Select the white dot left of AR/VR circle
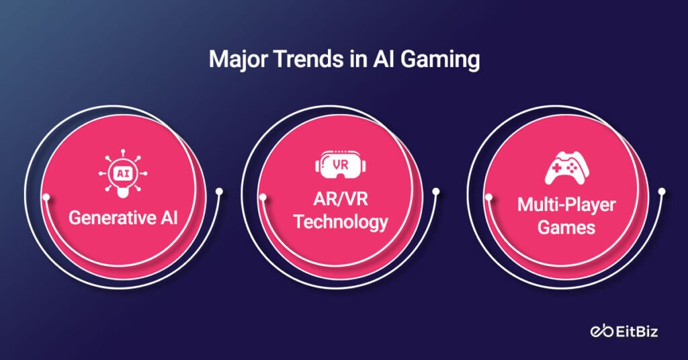(262, 197)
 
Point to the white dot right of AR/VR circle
(435, 193)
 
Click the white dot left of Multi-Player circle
(488, 197)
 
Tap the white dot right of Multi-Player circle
(662, 193)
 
